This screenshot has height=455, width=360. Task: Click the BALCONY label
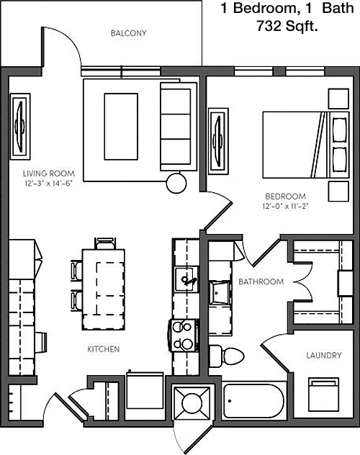coord(128,33)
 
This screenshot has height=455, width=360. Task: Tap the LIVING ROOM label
coord(49,174)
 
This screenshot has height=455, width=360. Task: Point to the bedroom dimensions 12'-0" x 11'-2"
coord(285,207)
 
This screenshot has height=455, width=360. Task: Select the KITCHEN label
coord(104,349)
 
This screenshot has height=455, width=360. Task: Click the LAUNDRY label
coord(324,355)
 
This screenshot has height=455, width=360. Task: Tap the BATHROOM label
coord(261,281)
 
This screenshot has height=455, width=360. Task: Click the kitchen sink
coord(186,279)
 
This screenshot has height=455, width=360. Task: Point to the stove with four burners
coord(184,335)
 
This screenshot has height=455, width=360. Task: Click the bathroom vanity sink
coord(220,292)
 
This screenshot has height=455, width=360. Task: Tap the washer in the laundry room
coord(323,395)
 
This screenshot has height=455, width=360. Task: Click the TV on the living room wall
coord(20,127)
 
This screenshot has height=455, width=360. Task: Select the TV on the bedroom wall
coord(218,141)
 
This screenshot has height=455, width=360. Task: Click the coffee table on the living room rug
coord(121,127)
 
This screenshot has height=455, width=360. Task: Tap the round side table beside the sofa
coord(176,183)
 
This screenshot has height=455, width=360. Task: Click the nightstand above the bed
coord(338,99)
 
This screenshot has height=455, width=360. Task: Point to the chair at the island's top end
coord(105,243)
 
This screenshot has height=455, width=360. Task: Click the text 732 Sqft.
coord(287,27)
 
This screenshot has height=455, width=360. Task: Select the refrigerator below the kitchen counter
coord(145,391)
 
